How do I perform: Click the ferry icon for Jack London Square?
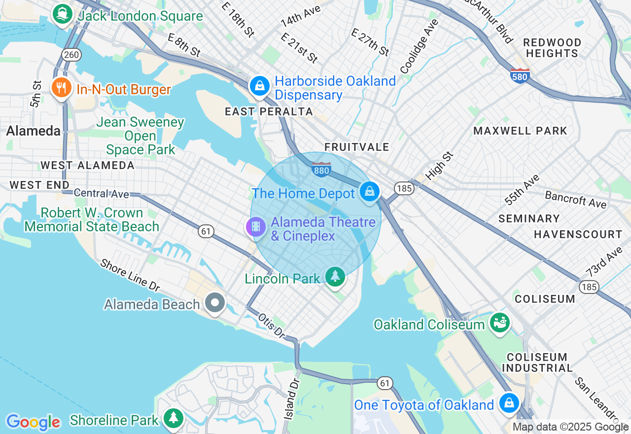coord(62,13)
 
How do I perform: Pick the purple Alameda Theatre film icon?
coord(255,227)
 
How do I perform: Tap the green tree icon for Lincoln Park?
coord(336,277)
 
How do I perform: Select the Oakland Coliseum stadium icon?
coord(499,323)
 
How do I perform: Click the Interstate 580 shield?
coord(520,75)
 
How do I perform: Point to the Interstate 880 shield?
coord(321,169)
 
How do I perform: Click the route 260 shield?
coord(71,54)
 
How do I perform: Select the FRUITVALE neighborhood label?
coord(356,147)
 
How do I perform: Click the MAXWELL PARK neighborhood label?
coord(520,131)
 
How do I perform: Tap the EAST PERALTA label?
coord(269,112)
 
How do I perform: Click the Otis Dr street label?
coord(272,325)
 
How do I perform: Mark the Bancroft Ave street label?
coord(575,199)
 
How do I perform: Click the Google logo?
coord(33,422)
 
